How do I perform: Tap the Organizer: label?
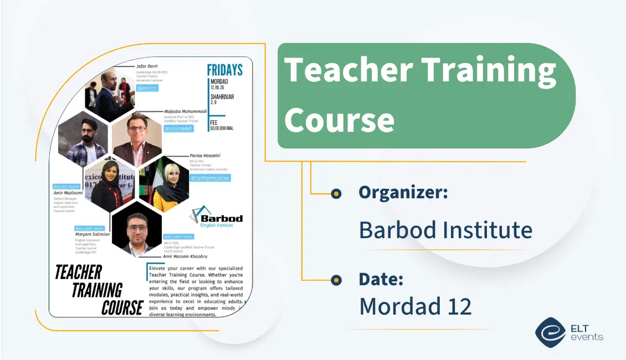coord(403,192)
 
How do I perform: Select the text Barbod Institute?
coord(445,229)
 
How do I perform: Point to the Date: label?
coord(381,279)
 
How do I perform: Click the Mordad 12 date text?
coord(415,306)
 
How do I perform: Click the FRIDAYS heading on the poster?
coord(224,70)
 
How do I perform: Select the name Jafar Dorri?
coord(147,66)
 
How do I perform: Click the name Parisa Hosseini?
coord(206,156)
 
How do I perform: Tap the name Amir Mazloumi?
coord(68,193)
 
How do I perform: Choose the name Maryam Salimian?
coord(93,234)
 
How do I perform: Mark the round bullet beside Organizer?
coord(336,193)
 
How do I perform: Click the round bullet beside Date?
coord(336,280)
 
